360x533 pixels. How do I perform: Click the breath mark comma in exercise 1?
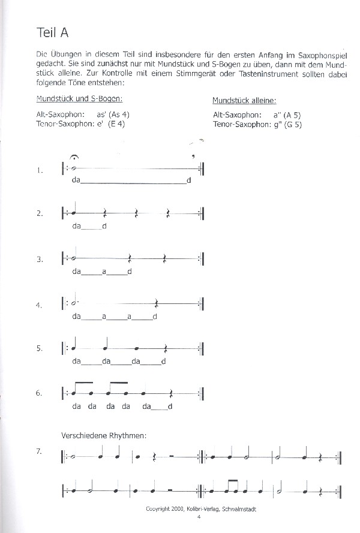pos(193,158)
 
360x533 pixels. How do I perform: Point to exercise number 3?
pos(39,260)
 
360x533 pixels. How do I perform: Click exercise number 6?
pos(39,393)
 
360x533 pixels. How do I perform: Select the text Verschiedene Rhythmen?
pos(104,435)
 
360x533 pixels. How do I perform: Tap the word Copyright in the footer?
pos(158,508)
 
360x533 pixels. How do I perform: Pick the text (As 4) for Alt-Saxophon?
pos(118,114)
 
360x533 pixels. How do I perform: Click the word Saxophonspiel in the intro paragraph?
pos(323,56)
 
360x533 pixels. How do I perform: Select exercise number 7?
pos(39,451)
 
